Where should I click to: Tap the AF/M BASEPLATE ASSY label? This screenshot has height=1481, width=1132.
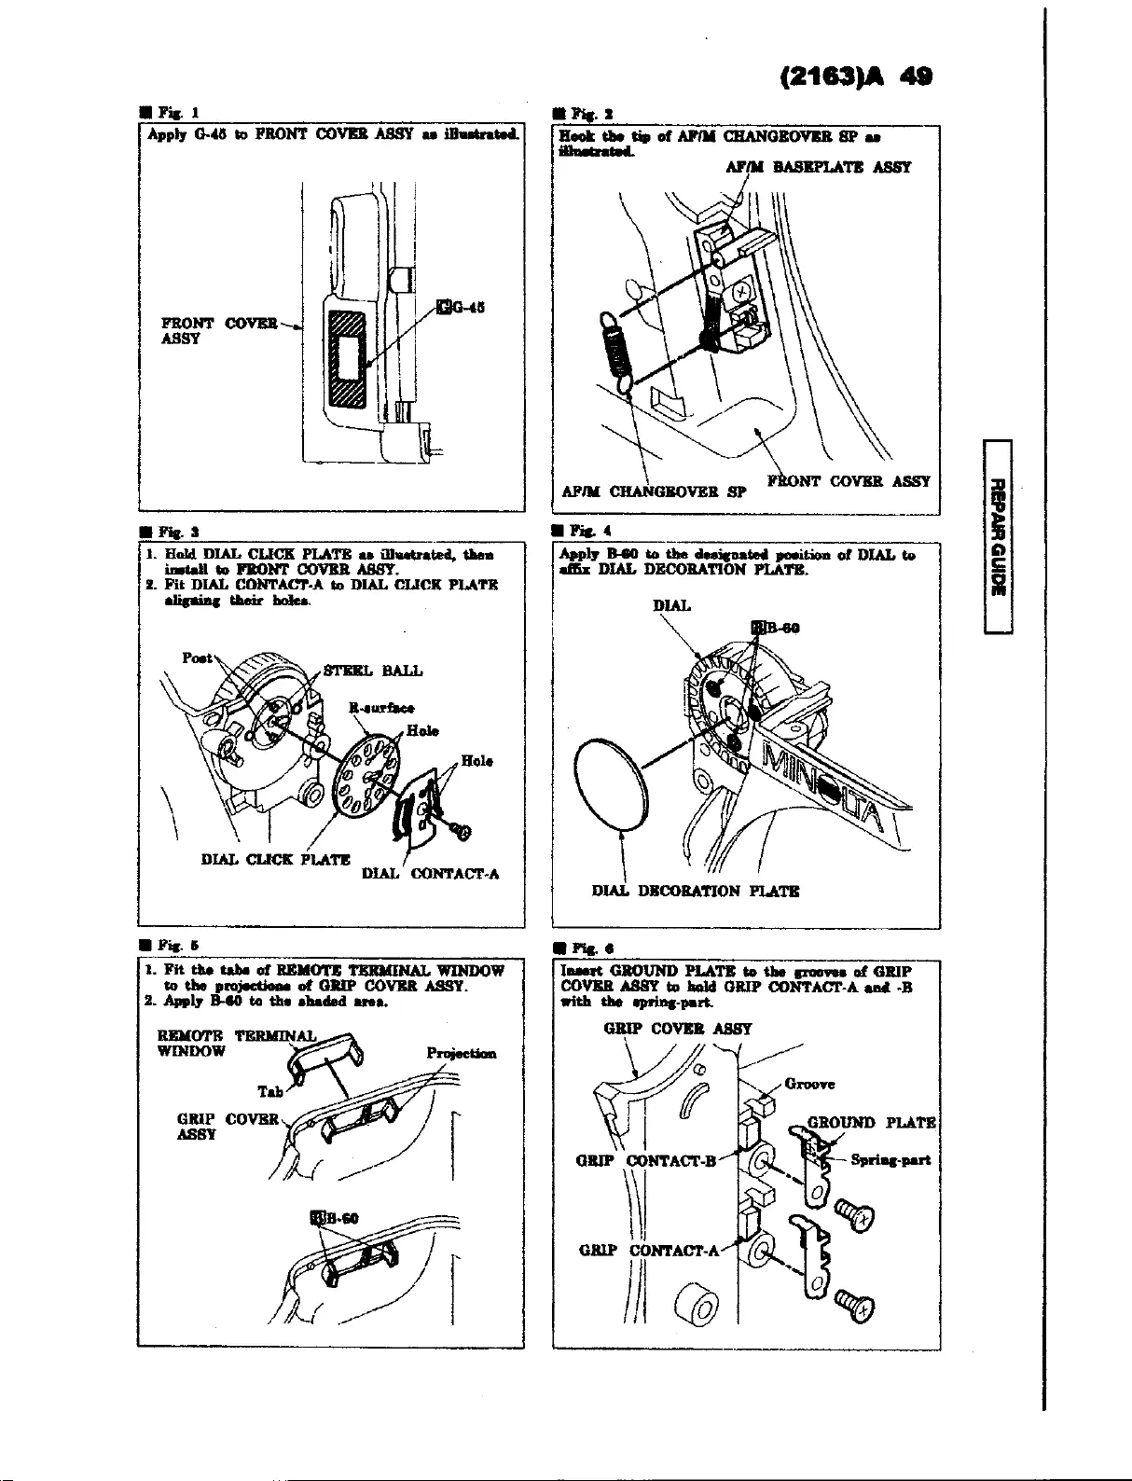pyautogui.click(x=817, y=168)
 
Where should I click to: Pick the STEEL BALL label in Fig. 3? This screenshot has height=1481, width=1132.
pyautogui.click(x=372, y=671)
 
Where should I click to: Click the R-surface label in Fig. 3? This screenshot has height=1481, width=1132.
pyautogui.click(x=381, y=708)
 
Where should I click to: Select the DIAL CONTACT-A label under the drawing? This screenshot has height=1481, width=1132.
pyautogui.click(x=430, y=874)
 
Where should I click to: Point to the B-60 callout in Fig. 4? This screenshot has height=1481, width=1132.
pyautogui.click(x=774, y=628)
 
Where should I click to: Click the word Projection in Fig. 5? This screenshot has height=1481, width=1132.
pyautogui.click(x=461, y=1054)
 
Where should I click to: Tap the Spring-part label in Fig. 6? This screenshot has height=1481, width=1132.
pyautogui.click(x=891, y=1160)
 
